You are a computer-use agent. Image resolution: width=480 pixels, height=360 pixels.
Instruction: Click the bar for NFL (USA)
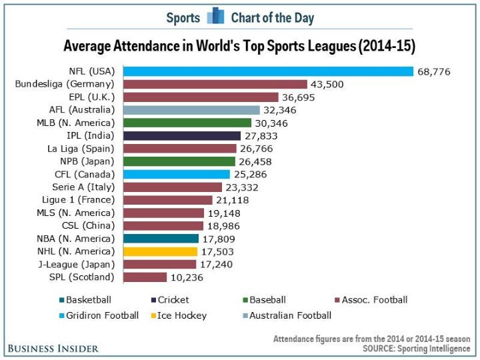[268, 71]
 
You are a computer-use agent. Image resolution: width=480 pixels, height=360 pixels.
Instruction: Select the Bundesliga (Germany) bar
[215, 85]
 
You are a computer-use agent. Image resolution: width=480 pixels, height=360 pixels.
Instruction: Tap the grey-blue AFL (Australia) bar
[191, 110]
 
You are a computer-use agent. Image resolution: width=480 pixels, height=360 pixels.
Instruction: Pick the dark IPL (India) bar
[182, 136]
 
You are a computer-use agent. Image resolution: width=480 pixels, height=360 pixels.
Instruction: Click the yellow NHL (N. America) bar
[161, 251]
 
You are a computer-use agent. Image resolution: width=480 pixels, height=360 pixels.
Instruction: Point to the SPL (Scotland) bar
[145, 277]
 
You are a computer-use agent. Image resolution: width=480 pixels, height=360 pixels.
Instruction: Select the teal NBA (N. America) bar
[161, 239]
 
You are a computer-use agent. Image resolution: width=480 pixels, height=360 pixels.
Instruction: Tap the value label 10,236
[187, 277]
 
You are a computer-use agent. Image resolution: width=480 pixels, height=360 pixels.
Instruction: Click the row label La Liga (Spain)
[81, 149]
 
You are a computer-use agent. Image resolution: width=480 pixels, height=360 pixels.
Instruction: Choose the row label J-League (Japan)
[80, 265]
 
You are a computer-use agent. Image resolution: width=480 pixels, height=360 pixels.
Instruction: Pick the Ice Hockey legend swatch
[151, 315]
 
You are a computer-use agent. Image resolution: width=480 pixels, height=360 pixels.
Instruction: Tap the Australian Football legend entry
[286, 315]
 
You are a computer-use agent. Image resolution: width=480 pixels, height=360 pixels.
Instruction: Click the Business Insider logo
[54, 348]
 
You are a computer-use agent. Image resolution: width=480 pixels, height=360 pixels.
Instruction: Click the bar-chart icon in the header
[215, 16]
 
